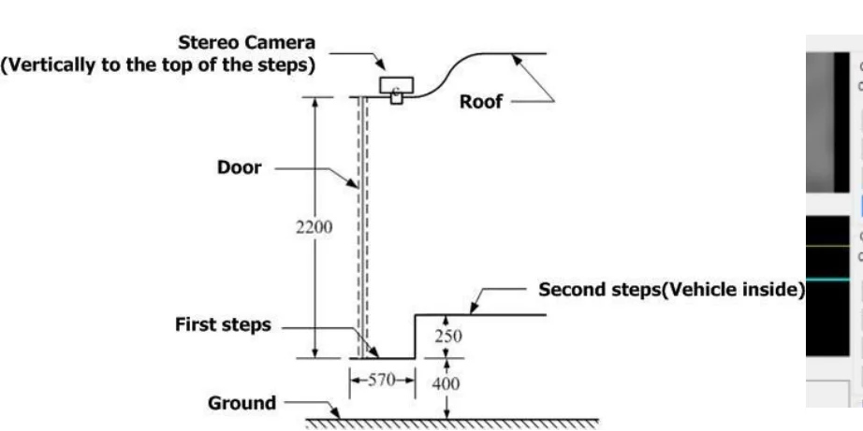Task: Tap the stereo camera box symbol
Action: click(399, 85)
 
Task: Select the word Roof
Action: click(480, 102)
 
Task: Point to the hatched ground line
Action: click(449, 422)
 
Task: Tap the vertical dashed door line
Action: click(366, 224)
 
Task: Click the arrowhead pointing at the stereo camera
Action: click(383, 68)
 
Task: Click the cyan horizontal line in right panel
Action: click(833, 279)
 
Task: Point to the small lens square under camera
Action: click(397, 97)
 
